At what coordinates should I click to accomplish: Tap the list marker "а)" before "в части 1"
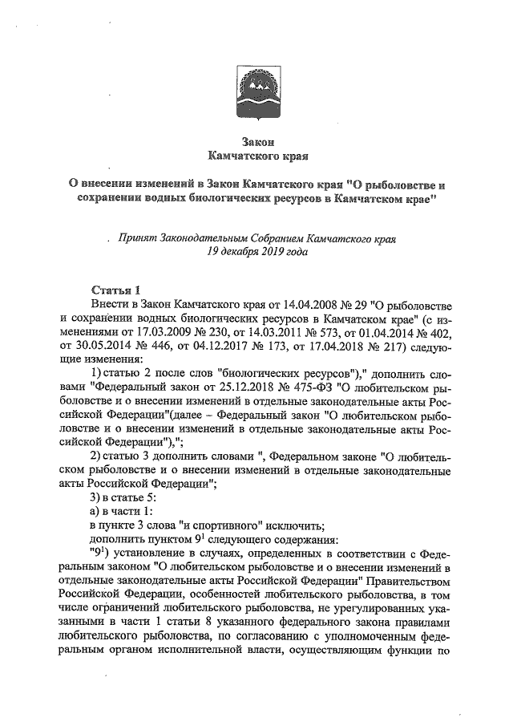pyautogui.click(x=95, y=512)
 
